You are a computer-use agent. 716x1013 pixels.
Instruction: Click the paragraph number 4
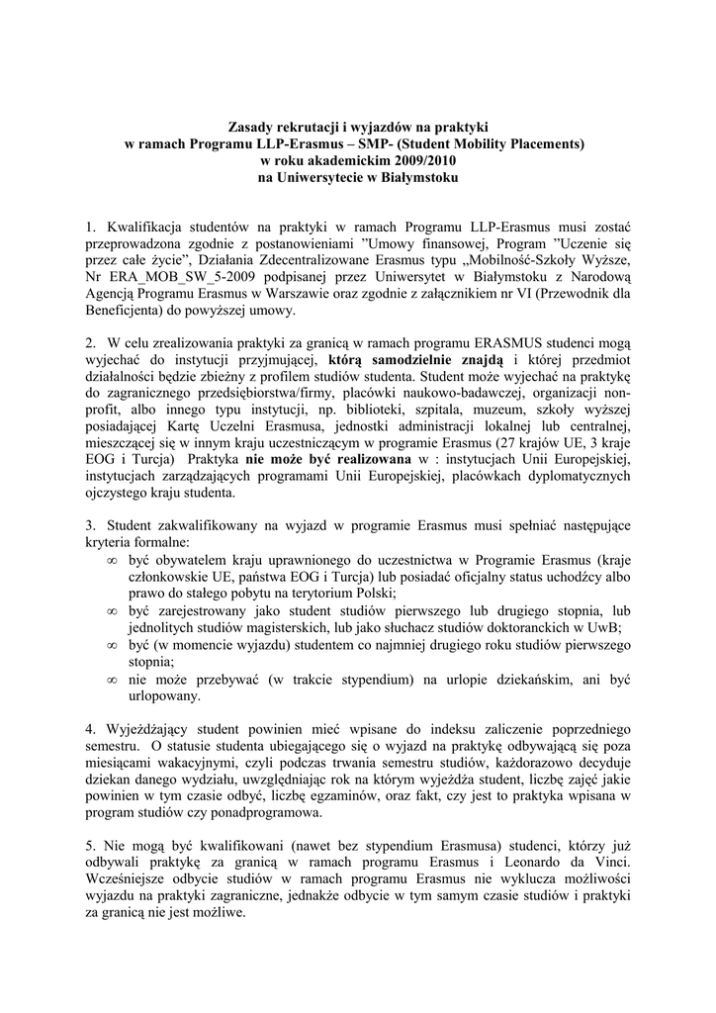(90, 730)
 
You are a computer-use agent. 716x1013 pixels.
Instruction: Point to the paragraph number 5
(90, 846)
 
